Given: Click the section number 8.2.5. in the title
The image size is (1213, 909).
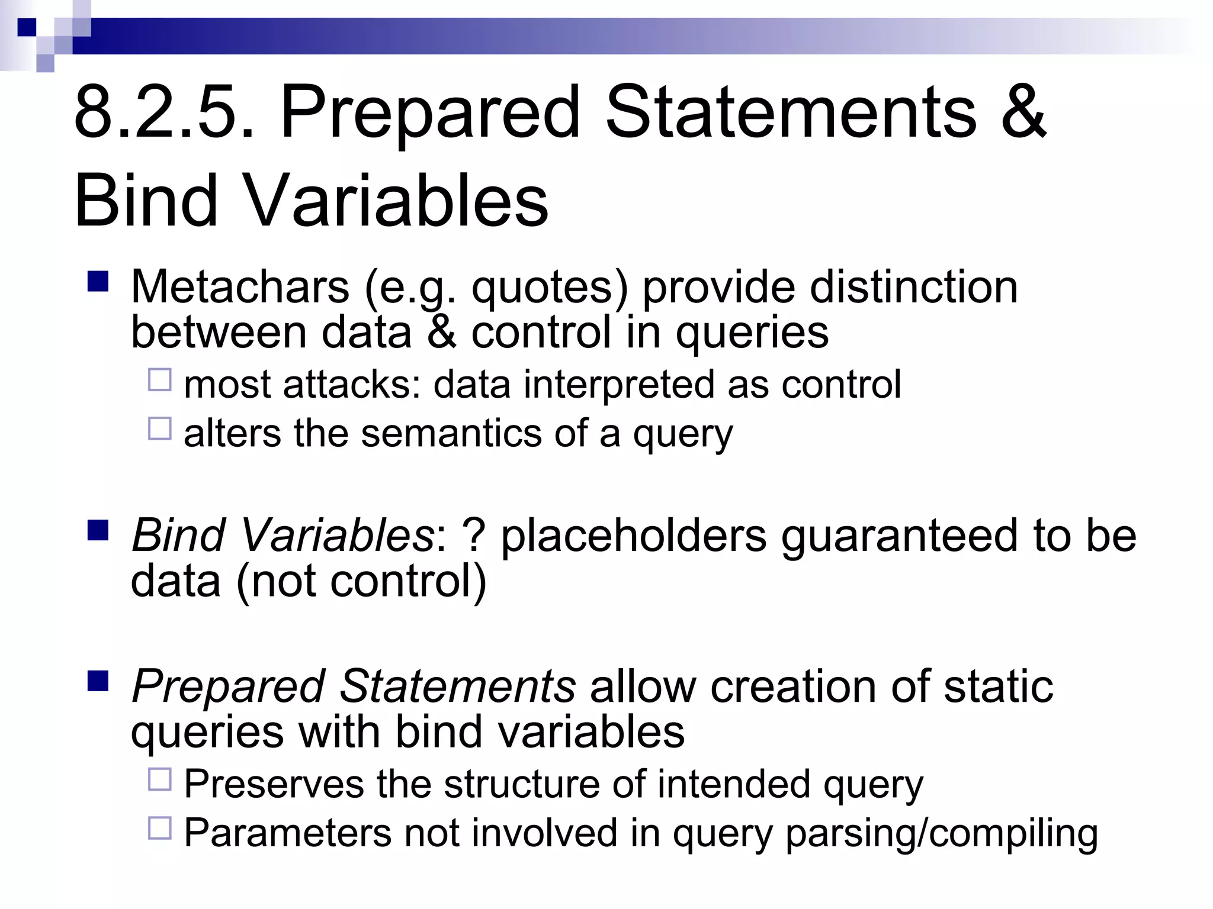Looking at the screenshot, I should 165,112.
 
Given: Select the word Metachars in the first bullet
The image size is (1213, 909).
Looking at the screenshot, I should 240,288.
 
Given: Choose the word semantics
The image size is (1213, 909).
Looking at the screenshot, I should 451,434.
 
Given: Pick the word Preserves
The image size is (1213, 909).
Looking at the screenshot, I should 274,785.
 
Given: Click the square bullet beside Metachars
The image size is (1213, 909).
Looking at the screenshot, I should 98,282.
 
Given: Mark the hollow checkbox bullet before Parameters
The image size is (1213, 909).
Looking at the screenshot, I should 160,829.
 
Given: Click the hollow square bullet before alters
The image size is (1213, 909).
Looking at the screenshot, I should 160,428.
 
